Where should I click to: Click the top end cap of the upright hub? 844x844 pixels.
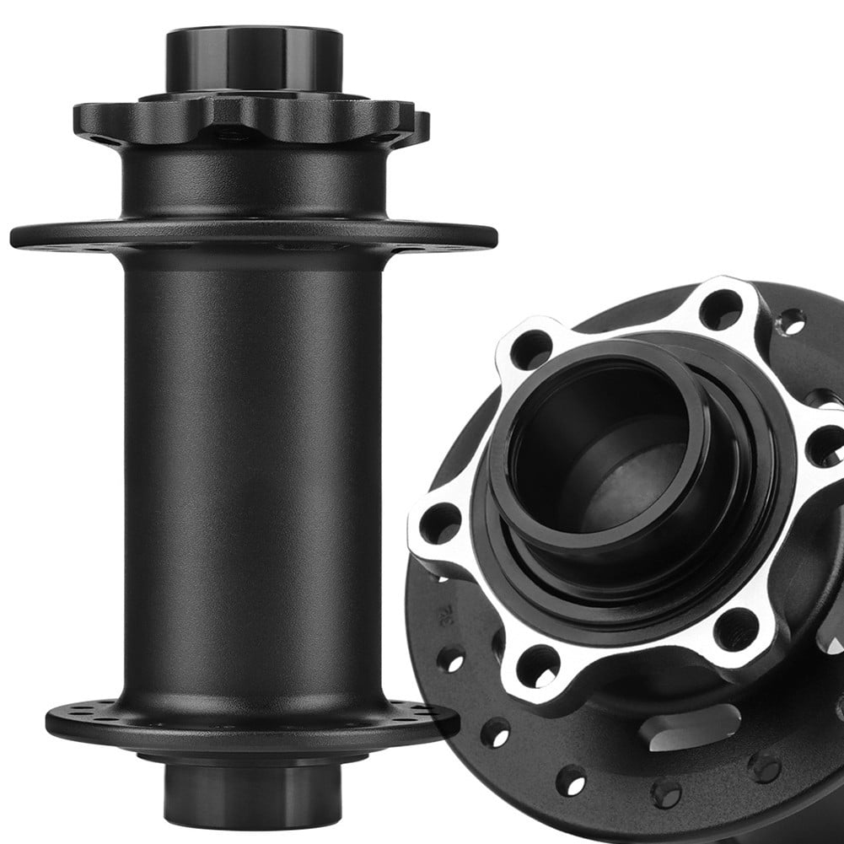pyautogui.click(x=253, y=59)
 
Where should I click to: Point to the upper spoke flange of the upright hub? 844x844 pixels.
pyautogui.click(x=253, y=235)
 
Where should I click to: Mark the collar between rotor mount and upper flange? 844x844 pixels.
pyautogui.click(x=253, y=181)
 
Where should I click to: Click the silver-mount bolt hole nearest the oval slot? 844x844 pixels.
pyautogui.click(x=736, y=628)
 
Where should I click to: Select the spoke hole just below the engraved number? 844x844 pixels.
pyautogui.click(x=450, y=659)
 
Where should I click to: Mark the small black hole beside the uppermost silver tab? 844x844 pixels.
pyautogui.click(x=791, y=321)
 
